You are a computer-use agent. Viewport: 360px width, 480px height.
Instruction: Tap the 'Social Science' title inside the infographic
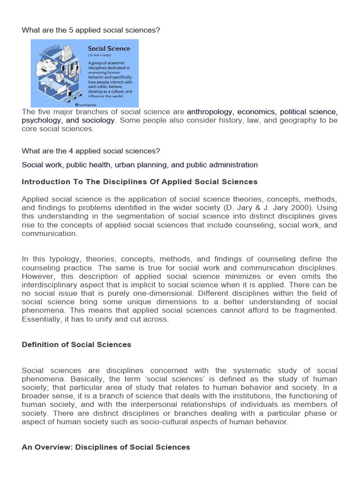tap(109, 49)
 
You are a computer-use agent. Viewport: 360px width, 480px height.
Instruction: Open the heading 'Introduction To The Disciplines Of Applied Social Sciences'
tap(140, 182)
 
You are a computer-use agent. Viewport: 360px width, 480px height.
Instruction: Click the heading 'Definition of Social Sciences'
tap(76, 345)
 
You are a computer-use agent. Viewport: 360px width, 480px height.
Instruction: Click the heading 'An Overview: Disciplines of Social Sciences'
tap(106, 447)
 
